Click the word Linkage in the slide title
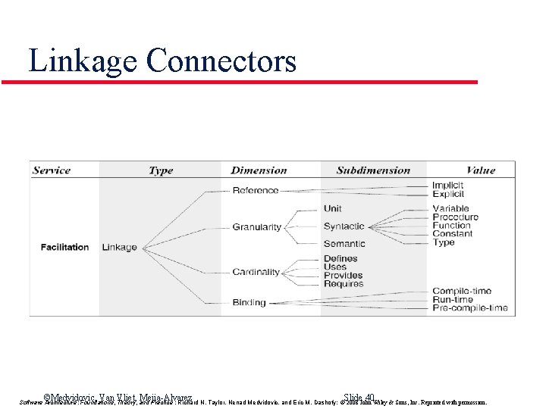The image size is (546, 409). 81,61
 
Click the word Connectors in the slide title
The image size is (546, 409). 221,61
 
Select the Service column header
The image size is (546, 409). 52,170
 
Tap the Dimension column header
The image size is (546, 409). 259,170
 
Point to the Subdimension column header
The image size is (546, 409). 373,170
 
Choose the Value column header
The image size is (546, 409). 481,170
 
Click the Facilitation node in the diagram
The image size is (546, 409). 64,247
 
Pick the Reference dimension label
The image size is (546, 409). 256,190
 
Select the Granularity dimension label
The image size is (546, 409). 257,227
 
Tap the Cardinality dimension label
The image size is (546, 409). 256,272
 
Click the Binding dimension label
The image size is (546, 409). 249,302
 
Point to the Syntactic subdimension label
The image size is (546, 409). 344,226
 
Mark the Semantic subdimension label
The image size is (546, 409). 344,244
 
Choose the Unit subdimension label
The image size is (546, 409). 332,208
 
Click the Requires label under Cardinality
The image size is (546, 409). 343,284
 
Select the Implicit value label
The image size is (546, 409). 448,186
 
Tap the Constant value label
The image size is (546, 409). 452,234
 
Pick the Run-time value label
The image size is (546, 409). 453,300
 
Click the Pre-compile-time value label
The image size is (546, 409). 469,308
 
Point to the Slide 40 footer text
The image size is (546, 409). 359,398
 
